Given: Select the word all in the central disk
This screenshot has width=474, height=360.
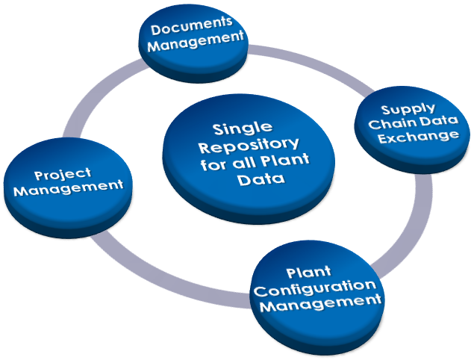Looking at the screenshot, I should tap(248, 162).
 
